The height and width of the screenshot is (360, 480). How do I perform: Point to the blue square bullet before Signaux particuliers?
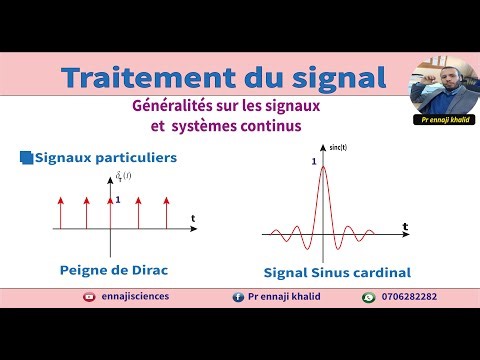pyautogui.click(x=26, y=157)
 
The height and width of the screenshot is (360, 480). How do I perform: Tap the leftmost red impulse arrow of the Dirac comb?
pyautogui.click(x=61, y=213)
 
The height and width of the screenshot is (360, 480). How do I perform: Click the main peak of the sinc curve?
pyautogui.click(x=323, y=167)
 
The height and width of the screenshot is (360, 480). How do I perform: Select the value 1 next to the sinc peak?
pyautogui.click(x=314, y=161)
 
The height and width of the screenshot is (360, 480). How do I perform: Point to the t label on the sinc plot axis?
pyautogui.click(x=405, y=228)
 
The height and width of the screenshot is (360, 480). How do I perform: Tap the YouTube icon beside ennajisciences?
pyautogui.click(x=91, y=297)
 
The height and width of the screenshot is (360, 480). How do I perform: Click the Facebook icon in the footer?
pyautogui.click(x=238, y=297)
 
